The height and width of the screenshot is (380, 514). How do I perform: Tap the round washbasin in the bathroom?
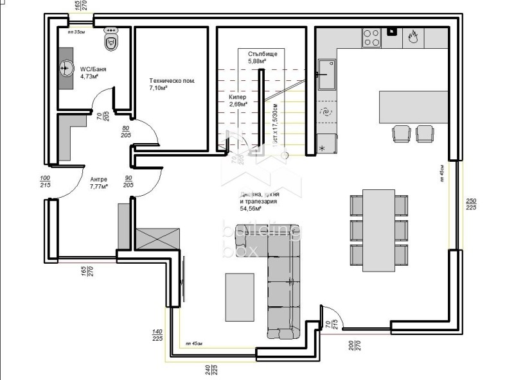pos(67,67)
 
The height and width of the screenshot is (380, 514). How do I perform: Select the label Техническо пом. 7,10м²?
pos(172,85)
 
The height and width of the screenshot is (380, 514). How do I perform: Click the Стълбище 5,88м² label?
pos(262,58)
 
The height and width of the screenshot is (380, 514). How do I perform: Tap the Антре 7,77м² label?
pos(98,183)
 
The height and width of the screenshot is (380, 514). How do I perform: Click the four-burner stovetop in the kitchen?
pos(372,38)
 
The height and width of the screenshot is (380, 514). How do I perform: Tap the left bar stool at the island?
pos(400,134)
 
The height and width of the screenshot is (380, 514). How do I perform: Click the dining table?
pos(378,230)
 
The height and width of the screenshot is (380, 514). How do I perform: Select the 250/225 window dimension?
pos(471,204)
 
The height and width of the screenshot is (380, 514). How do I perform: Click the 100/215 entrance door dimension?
pos(44,182)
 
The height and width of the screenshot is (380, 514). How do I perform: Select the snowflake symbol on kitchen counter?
pos(323,148)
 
